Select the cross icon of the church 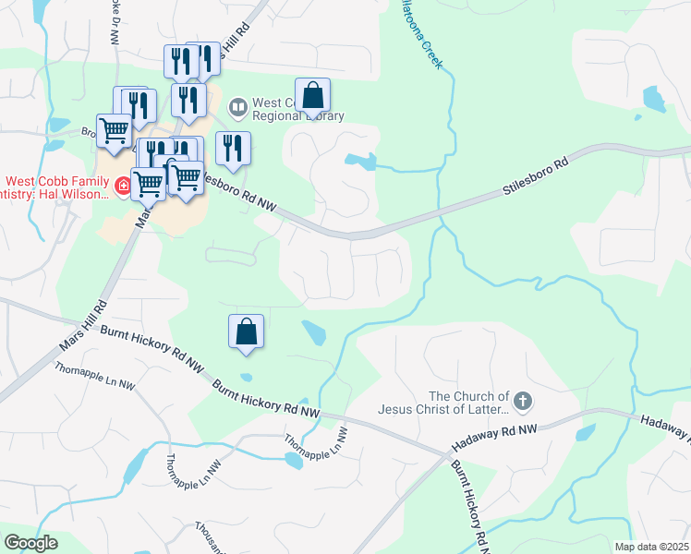pyautogui.click(x=524, y=401)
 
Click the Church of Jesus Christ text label pyautogui.click(x=444, y=402)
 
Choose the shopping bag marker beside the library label pyautogui.click(x=313, y=95)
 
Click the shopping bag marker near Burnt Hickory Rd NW pyautogui.click(x=247, y=332)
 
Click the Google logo pyautogui.click(x=30, y=543)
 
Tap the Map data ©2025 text pyautogui.click(x=650, y=547)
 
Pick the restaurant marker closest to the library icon pyautogui.click(x=232, y=150)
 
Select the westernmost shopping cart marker pyautogui.click(x=114, y=131)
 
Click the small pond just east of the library pyautogui.click(x=362, y=162)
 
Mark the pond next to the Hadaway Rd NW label pyautogui.click(x=586, y=433)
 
